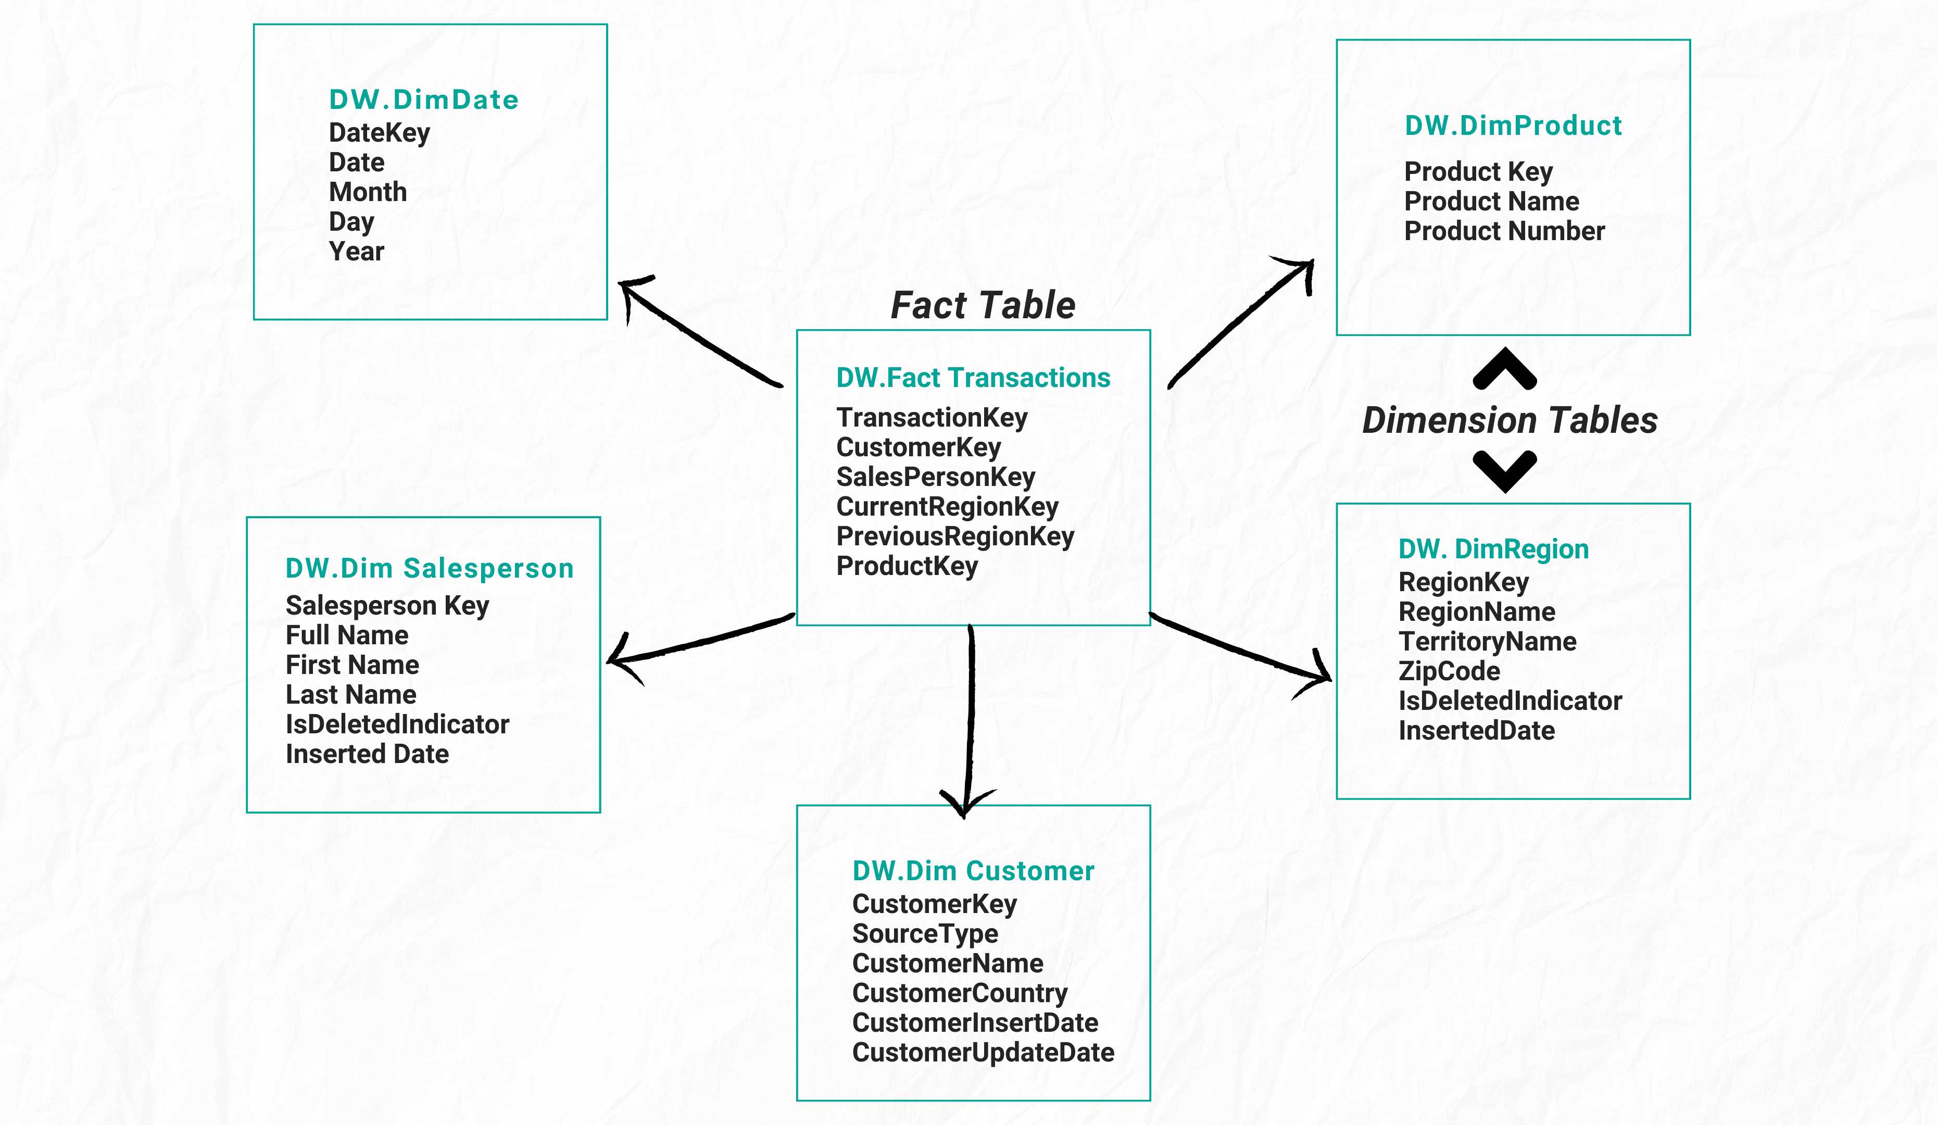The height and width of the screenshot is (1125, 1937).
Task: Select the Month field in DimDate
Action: click(368, 192)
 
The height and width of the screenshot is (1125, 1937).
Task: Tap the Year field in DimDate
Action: click(356, 252)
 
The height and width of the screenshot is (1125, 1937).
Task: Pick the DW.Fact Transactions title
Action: click(972, 378)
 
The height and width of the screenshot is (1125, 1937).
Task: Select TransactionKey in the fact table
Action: click(932, 418)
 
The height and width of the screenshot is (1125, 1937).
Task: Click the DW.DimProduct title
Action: click(1513, 126)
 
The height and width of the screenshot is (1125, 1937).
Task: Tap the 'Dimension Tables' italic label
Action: click(1510, 421)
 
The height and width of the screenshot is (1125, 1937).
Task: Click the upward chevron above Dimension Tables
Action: click(1504, 369)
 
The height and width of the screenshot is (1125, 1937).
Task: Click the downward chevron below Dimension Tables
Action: click(1504, 471)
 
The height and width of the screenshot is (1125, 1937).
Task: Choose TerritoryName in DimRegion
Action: click(1487, 641)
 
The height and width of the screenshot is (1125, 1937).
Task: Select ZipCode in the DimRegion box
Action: click(1449, 671)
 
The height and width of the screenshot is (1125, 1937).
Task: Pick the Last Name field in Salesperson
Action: click(350, 694)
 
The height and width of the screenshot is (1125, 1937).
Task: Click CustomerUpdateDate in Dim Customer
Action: click(983, 1053)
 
